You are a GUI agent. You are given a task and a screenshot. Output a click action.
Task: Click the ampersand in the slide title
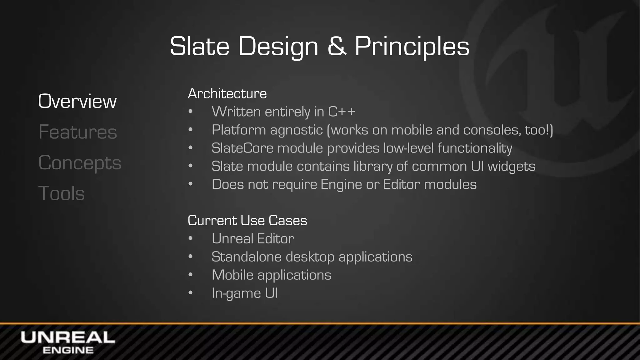337,46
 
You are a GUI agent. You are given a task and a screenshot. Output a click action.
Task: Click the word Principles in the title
412,47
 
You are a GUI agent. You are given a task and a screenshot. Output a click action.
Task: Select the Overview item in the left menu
77,101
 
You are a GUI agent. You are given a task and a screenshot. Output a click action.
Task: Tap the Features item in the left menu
77,132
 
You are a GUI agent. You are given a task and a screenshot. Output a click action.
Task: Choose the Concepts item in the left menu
80,163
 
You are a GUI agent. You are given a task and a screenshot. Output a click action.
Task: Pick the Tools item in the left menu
62,193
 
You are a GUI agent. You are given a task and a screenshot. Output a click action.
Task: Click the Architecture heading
227,94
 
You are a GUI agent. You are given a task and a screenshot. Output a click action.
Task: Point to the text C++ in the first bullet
342,112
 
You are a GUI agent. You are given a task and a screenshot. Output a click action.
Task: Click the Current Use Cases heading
247,221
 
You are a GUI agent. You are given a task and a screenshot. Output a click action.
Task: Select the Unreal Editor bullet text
253,239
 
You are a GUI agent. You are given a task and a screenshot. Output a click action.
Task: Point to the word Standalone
247,257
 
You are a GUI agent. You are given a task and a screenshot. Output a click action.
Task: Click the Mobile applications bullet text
271,275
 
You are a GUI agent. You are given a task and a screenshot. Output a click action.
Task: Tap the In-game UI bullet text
244,293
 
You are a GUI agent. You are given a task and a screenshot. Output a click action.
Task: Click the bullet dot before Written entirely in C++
191,112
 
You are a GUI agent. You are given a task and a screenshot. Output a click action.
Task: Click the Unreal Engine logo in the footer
68,342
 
